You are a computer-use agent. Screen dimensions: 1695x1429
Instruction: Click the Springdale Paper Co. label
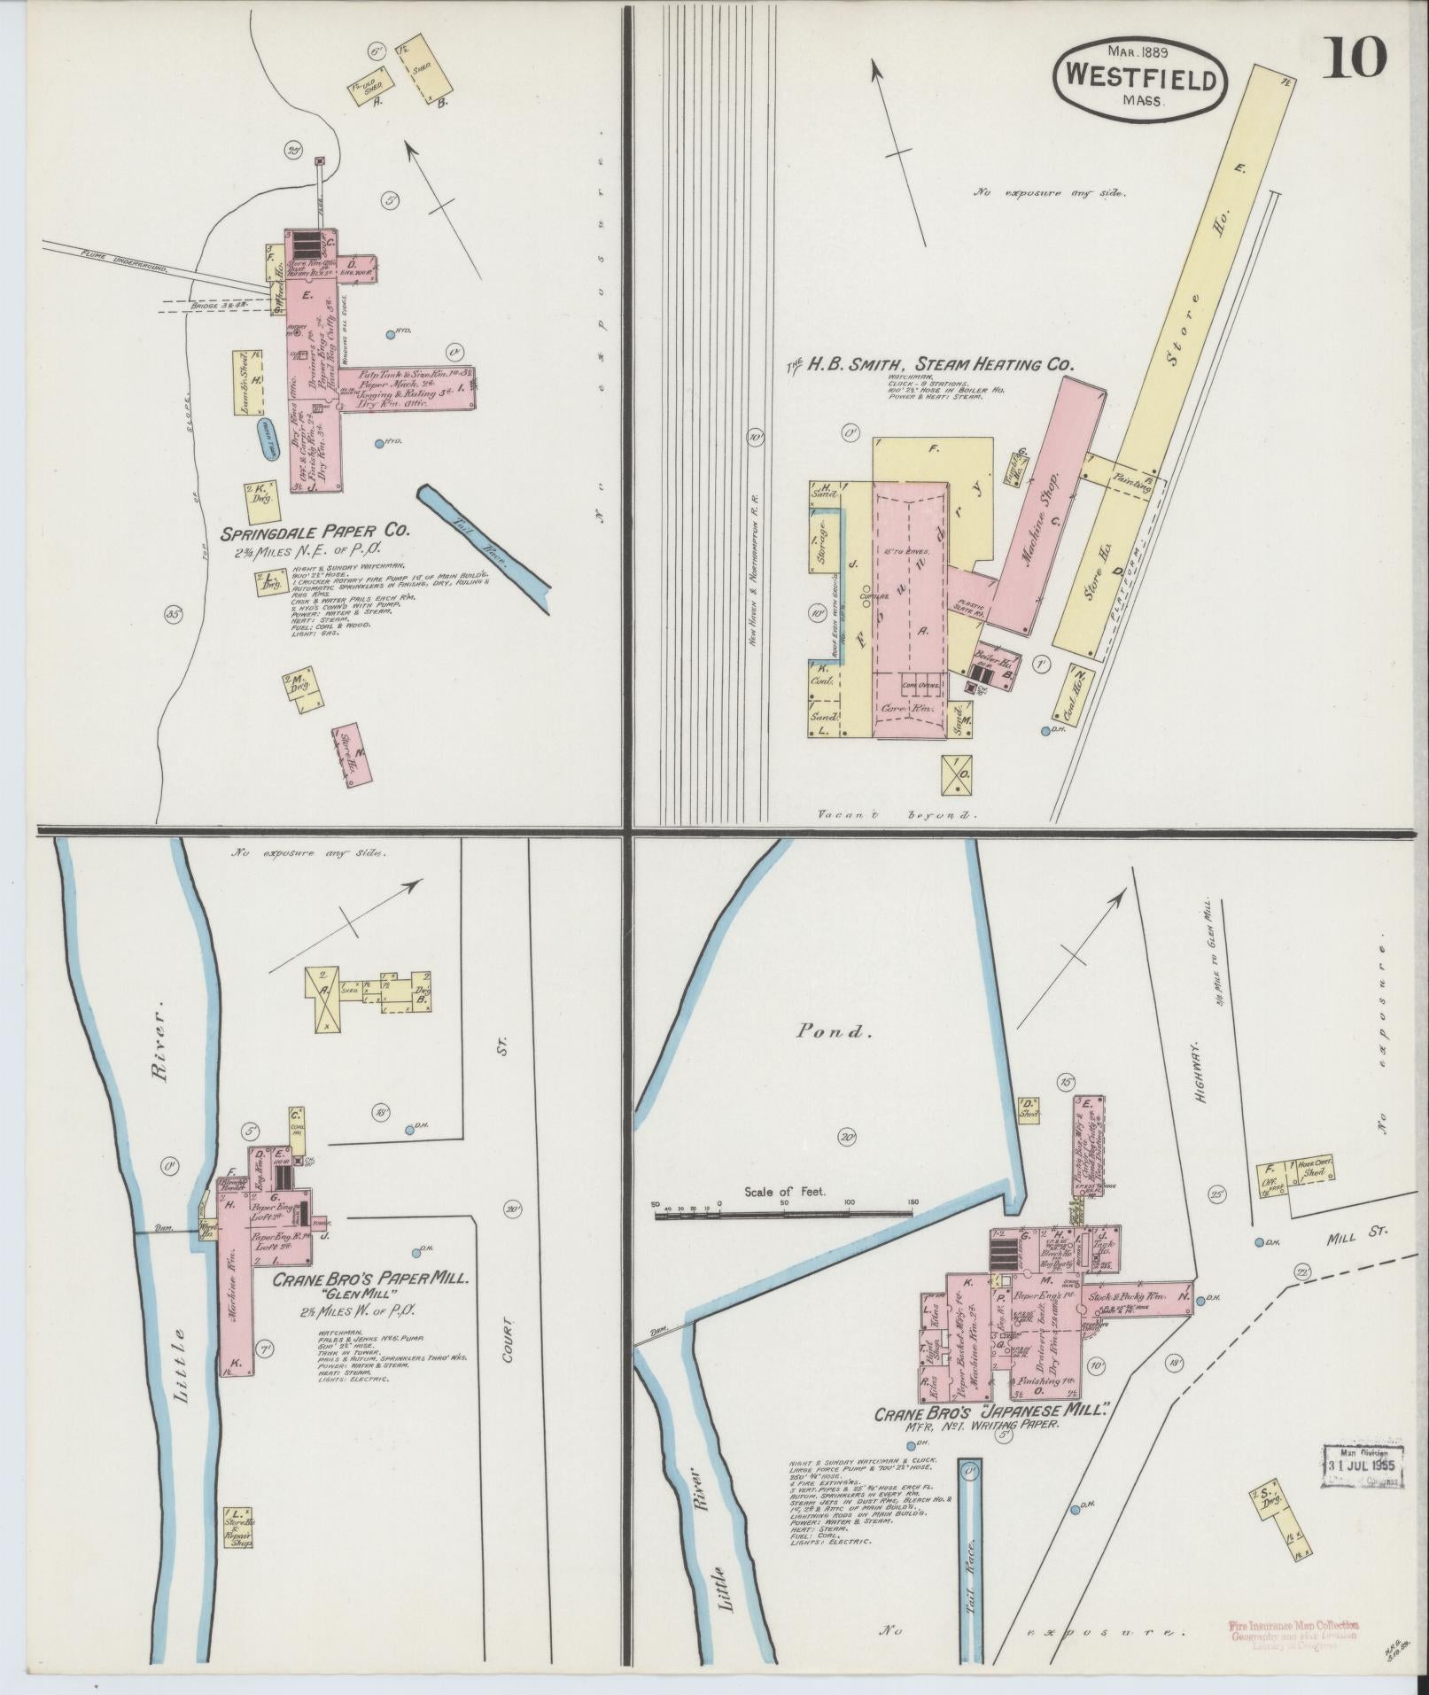coord(315,533)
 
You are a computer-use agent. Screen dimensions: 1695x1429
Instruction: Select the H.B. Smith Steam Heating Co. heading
coord(930,364)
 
